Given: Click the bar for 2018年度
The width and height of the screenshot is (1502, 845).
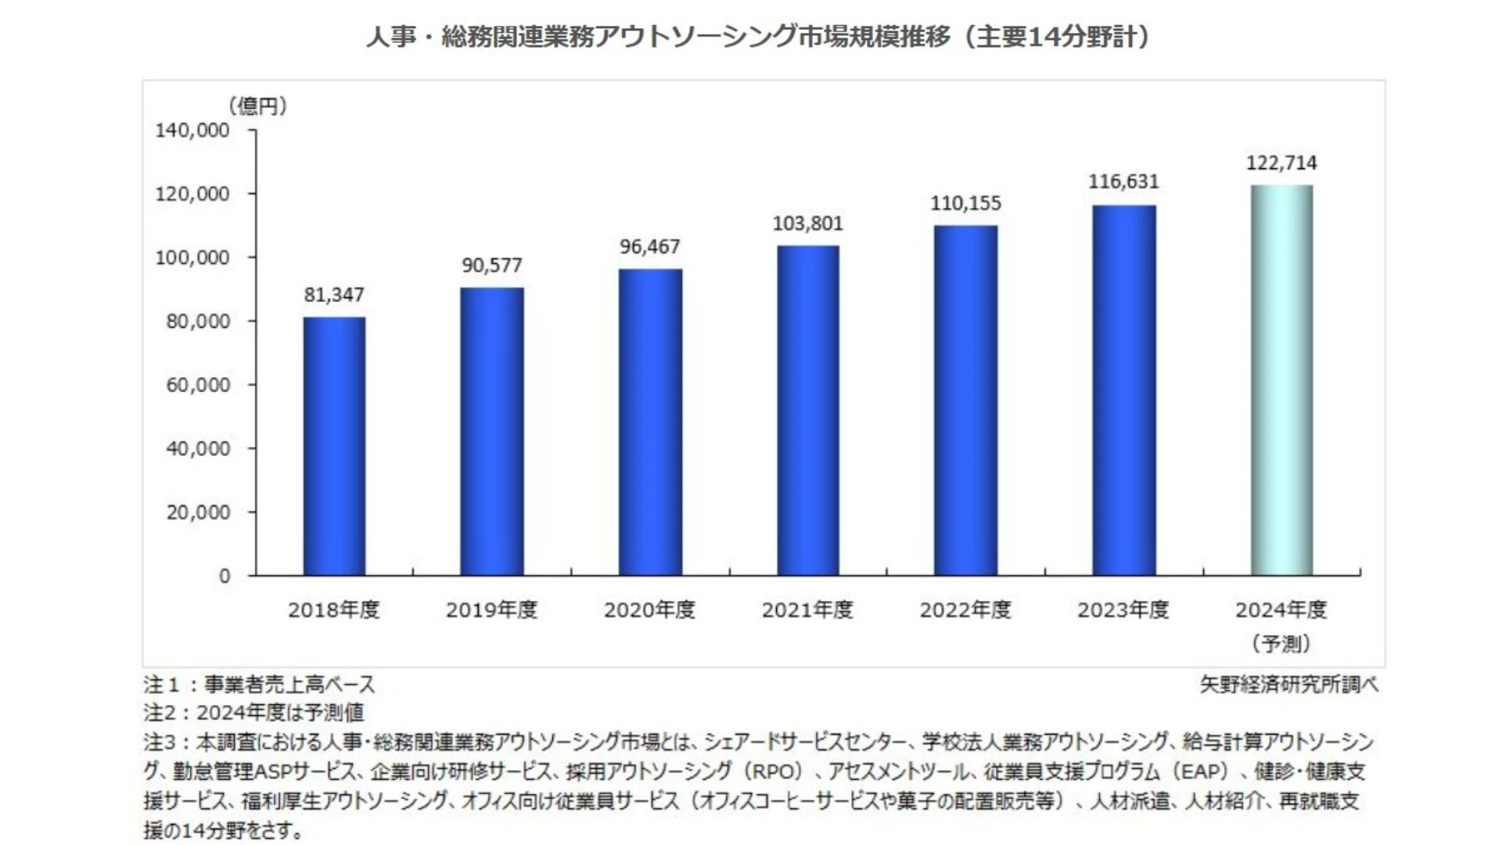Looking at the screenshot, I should (334, 446).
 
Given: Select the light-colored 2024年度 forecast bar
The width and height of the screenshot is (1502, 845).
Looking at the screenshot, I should (1281, 380).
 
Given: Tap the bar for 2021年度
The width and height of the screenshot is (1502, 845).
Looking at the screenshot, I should (807, 411).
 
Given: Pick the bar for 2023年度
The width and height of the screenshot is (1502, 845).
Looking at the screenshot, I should (1123, 390).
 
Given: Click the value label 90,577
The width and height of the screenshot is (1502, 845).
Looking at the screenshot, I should (491, 265).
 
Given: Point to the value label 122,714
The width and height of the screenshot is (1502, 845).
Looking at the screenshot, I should (1281, 163).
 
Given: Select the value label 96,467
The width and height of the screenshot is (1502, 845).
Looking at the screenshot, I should (649, 246).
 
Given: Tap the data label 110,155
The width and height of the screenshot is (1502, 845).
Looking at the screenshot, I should (965, 203).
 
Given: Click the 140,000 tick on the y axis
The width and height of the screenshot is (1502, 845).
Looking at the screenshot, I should (192, 130).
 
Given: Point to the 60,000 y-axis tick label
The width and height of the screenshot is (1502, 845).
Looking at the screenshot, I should (198, 385).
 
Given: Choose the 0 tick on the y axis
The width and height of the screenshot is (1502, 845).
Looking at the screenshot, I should (225, 577).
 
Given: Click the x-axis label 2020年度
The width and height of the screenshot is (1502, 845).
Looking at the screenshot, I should (649, 609).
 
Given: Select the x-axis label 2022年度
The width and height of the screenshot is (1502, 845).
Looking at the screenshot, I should (965, 609).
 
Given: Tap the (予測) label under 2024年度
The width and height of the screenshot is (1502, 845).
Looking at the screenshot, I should (1281, 643).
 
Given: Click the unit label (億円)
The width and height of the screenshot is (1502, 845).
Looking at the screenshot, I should (257, 106).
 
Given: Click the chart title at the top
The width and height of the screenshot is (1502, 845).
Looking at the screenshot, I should (757, 37).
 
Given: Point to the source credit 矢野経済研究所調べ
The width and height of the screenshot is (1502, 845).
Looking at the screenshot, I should (1288, 685).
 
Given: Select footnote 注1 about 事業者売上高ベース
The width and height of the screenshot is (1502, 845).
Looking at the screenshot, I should (260, 685).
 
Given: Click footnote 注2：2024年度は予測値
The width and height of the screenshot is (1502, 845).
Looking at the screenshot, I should (254, 713).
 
